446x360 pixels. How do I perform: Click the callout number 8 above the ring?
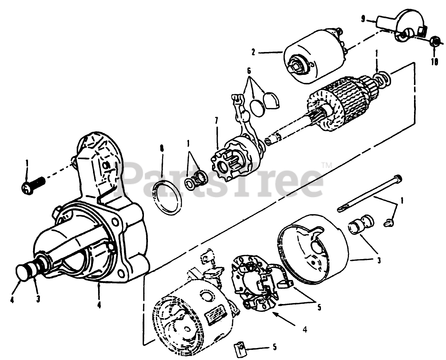(x=162, y=148)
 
